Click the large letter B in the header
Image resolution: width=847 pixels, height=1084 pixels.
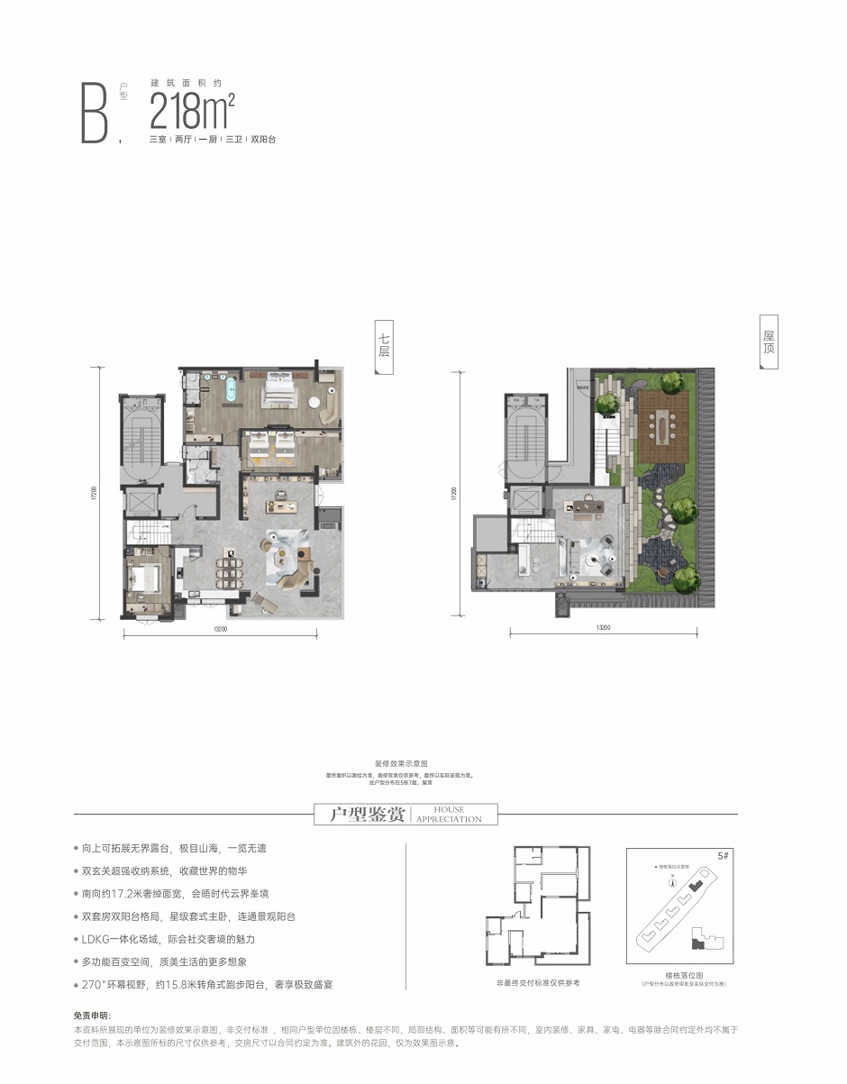tap(95, 112)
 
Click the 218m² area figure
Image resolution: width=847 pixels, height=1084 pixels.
tap(192, 111)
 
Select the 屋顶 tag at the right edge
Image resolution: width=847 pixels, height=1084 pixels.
tap(769, 341)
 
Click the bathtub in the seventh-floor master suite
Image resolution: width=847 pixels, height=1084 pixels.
tap(231, 391)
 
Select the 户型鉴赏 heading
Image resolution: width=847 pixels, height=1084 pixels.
tap(360, 815)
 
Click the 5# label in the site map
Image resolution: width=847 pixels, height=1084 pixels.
tap(722, 854)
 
